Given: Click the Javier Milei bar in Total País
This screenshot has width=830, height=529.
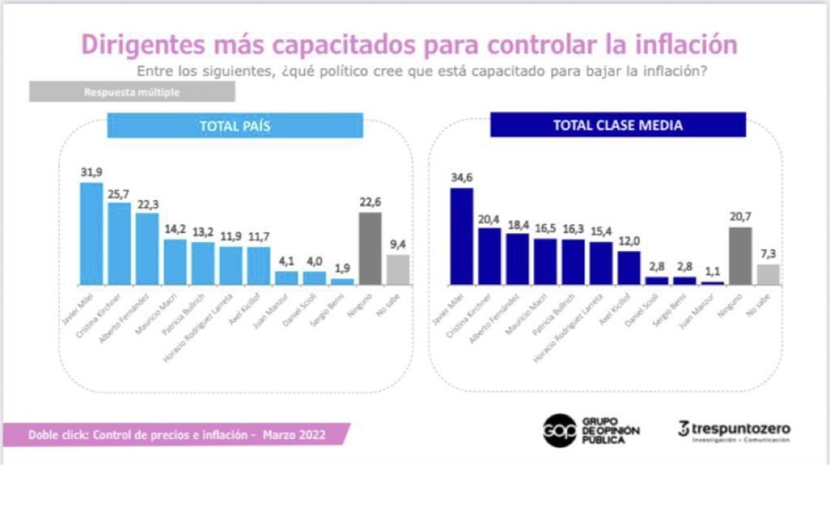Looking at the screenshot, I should click(x=91, y=234).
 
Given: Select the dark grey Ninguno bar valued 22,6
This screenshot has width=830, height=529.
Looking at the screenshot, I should click(x=370, y=249).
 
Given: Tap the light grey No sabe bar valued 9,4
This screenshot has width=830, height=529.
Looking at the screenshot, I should click(x=398, y=270).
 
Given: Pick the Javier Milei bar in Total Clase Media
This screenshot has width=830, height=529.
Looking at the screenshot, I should click(x=461, y=236).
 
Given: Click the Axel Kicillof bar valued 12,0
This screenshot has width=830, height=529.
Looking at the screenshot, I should click(x=629, y=268).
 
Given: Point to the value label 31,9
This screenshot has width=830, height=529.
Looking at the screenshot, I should click(x=91, y=172).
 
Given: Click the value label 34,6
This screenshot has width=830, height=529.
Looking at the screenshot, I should click(x=462, y=177).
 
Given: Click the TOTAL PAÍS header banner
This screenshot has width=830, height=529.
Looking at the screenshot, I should click(x=235, y=126).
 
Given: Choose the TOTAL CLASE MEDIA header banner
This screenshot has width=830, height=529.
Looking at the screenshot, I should click(x=618, y=125).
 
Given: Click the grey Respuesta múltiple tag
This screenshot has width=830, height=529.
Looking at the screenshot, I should click(x=132, y=92).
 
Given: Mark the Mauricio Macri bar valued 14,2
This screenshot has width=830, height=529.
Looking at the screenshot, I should click(x=175, y=262).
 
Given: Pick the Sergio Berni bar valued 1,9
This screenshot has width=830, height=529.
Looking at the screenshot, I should click(x=342, y=281).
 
